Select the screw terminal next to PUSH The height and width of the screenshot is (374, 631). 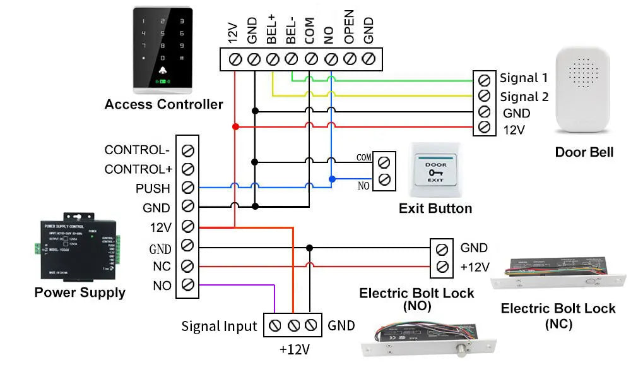tap(187, 188)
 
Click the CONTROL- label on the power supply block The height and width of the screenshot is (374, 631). tap(137, 150)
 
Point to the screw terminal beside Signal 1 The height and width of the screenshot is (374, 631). tap(484, 80)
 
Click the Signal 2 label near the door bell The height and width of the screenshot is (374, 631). tap(524, 97)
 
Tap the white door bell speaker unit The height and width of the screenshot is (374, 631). tap(583, 92)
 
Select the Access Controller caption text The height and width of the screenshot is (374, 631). tap(163, 104)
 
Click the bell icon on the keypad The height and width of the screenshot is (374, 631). tap(163, 71)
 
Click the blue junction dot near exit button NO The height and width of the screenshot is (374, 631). tap(331, 179)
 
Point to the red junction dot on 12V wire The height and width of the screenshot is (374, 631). tap(235, 127)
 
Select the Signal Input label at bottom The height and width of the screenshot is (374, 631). tap(219, 327)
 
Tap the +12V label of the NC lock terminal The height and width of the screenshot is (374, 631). tap(475, 267)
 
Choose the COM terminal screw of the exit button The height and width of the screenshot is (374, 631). tap(383, 161)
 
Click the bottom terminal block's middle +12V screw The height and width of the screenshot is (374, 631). tap(293, 326)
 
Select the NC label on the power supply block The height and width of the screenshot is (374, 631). tap(162, 266)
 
